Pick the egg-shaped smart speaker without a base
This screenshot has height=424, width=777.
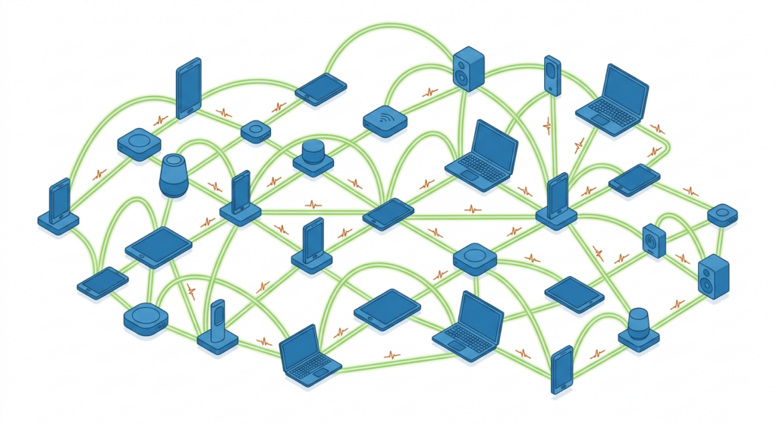click(x=174, y=175)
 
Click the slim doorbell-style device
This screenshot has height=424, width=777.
click(x=552, y=76)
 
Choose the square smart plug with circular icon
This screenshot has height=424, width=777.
click(x=653, y=240)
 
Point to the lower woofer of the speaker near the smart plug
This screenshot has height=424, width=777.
click(x=708, y=284)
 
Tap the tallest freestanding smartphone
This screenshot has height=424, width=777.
click(x=187, y=88)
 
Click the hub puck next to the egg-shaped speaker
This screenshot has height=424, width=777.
click(x=138, y=143)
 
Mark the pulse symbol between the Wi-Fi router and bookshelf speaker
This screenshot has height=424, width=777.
click(x=430, y=93)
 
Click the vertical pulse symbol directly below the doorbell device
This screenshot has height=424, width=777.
click(x=547, y=124)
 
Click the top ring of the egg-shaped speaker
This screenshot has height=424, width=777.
click(x=175, y=161)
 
